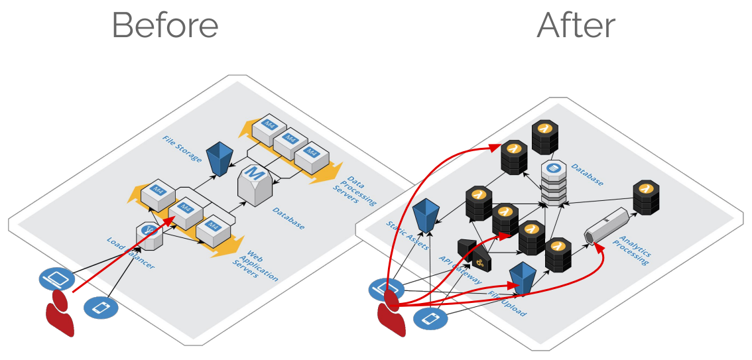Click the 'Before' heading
point(165,26)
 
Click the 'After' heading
point(576,26)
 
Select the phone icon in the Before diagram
point(101,308)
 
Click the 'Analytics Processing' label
point(633,247)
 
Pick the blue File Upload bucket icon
point(523,278)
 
